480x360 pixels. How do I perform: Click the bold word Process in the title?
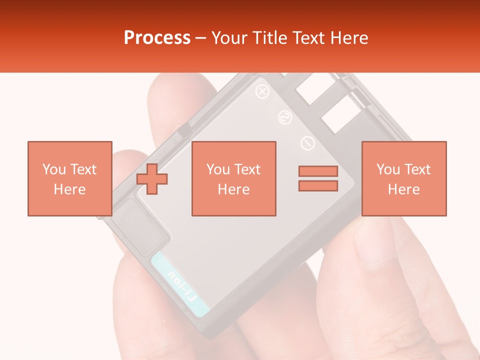coord(157,38)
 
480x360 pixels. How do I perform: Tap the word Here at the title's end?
coord(348,38)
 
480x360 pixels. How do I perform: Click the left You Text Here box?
coord(69,178)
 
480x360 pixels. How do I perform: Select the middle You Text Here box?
coord(233,178)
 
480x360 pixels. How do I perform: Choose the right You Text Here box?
coord(403,178)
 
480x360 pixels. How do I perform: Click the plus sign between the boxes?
coord(152,178)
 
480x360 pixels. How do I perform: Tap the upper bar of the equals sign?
coord(318,171)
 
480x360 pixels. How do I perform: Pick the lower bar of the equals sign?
coord(318,186)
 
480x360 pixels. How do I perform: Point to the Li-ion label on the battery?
coord(182,285)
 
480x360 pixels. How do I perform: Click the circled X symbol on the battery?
coord(261,91)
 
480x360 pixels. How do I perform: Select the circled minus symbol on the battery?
coord(307,143)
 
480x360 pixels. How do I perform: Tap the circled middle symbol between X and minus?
coord(284,117)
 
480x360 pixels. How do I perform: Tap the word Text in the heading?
coord(305,38)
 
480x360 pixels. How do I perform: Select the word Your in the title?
coord(229,38)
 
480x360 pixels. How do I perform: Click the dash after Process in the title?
coord(200,38)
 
